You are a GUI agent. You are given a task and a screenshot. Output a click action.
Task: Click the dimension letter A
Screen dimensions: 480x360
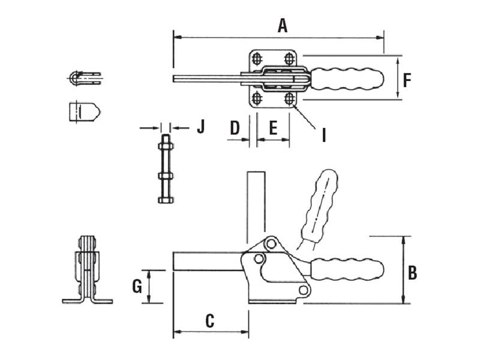[x=283, y=26]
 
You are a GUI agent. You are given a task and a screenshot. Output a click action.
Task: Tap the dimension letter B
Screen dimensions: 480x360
[x=412, y=273]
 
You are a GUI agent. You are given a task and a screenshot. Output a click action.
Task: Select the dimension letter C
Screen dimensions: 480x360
[x=209, y=321]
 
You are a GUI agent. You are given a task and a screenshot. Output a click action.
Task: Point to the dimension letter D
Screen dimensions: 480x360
[x=235, y=128]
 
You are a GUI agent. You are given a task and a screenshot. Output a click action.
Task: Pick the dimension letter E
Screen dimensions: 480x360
[x=273, y=128]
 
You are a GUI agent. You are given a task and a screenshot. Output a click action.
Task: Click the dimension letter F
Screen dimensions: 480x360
[x=407, y=80]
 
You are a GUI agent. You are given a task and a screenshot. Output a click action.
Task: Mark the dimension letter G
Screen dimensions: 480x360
[x=137, y=287]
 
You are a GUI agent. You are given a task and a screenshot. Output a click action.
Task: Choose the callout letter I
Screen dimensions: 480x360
[x=324, y=135]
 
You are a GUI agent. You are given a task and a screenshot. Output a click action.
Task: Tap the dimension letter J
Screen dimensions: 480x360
[x=200, y=127]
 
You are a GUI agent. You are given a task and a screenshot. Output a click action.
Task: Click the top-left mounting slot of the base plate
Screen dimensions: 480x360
[x=257, y=58]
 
